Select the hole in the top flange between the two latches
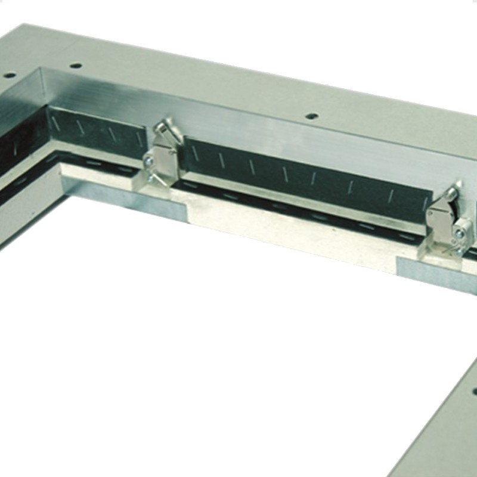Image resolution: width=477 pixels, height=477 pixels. pyautogui.click(x=310, y=115)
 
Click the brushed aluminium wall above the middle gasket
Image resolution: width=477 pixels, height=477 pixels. pyautogui.click(x=298, y=137)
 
